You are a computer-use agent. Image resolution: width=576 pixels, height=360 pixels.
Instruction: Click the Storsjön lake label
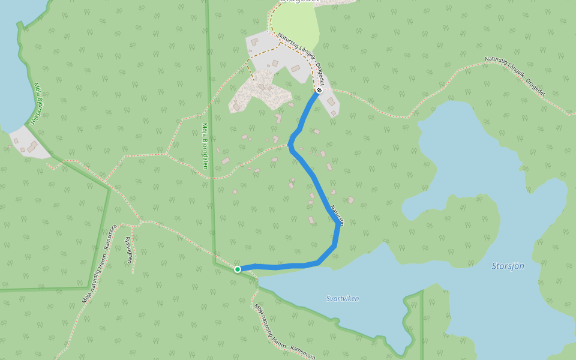coord(508,266)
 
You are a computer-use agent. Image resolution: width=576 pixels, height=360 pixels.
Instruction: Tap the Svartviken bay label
coord(343,298)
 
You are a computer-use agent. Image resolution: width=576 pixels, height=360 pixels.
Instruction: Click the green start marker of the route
coord(238,269)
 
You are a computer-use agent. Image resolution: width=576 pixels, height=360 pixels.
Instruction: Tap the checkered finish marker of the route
coord(319,91)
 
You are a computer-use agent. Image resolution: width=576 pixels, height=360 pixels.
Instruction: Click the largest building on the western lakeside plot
coord(32,146)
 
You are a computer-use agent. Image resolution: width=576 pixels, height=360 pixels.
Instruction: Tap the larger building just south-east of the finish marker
coord(331,101)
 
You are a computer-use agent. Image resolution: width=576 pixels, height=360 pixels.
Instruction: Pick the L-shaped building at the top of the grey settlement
coord(254,42)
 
